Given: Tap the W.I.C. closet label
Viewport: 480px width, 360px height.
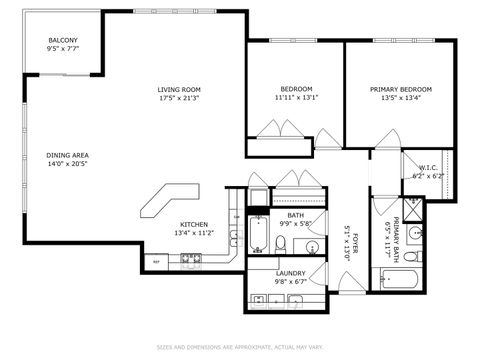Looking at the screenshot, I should click(x=426, y=172).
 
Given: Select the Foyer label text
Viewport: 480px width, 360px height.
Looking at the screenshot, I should click(x=347, y=240).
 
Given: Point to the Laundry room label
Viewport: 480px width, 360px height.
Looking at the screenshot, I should click(x=291, y=277).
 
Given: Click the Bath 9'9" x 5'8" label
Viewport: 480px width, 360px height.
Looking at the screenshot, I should click(x=296, y=220).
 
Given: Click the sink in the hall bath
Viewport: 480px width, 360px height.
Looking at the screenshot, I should click(x=312, y=246).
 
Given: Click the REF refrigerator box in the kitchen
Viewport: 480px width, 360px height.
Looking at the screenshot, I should click(x=157, y=261).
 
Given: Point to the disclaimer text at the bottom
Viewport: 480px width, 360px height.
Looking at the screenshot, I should click(x=240, y=347).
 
